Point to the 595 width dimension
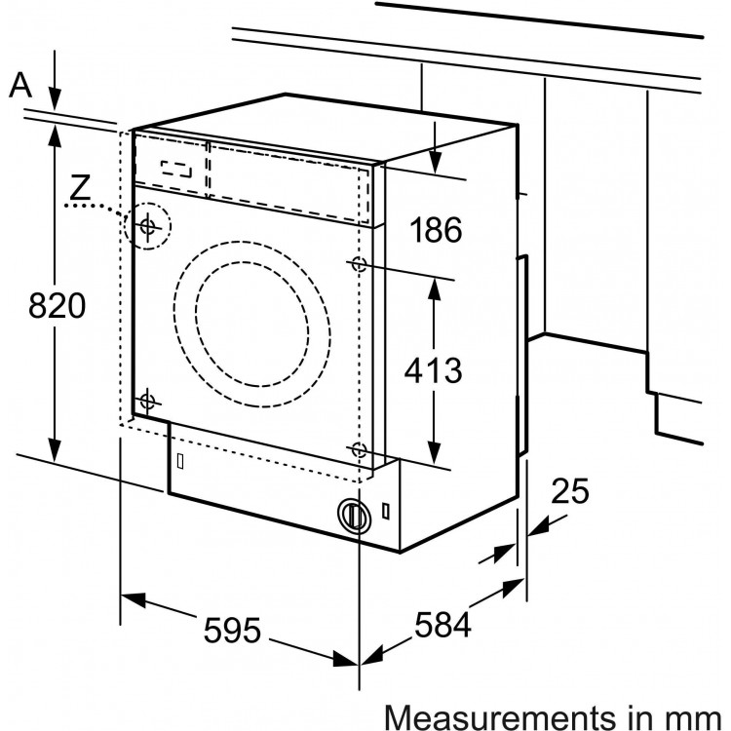[234, 631]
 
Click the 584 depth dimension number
[442, 624]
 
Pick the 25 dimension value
[569, 492]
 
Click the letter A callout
[20, 86]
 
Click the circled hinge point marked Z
[148, 227]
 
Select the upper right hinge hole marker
[358, 263]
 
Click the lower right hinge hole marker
[359, 449]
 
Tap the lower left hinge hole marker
[147, 400]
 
